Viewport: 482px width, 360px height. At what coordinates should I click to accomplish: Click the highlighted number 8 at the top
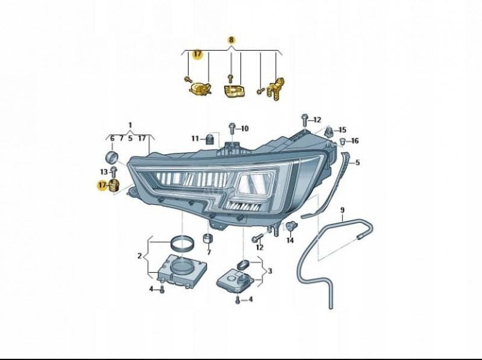pos(231,40)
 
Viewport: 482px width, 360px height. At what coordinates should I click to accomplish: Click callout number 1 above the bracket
pos(130,125)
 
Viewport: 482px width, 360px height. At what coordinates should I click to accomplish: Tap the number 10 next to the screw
pos(245,129)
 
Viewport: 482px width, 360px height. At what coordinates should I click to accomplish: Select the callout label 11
pos(195,139)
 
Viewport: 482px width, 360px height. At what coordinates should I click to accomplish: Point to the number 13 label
pos(104,172)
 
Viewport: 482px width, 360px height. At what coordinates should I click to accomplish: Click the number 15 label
pos(342,130)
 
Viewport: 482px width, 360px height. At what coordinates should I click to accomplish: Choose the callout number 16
pos(355,141)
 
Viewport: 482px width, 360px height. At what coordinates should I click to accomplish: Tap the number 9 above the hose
pos(342,210)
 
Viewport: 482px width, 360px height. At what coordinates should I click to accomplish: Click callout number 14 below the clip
pos(290,241)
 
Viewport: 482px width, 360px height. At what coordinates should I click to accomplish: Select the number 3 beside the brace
pos(270,272)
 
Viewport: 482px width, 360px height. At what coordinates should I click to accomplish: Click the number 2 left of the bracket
pos(140,256)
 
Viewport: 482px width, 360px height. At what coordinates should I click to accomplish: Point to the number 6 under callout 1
pos(112,138)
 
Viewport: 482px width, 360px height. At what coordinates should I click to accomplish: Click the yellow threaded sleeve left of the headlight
pos(114,185)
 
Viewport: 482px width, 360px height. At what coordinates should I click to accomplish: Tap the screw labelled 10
pos(232,128)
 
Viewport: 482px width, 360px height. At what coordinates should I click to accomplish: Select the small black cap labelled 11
pos(209,139)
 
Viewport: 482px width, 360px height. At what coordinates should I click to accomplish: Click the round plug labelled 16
pos(343,141)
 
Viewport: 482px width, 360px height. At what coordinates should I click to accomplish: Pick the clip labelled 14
pos(290,226)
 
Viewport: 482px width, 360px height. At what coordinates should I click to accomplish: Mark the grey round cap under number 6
pos(111,157)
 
